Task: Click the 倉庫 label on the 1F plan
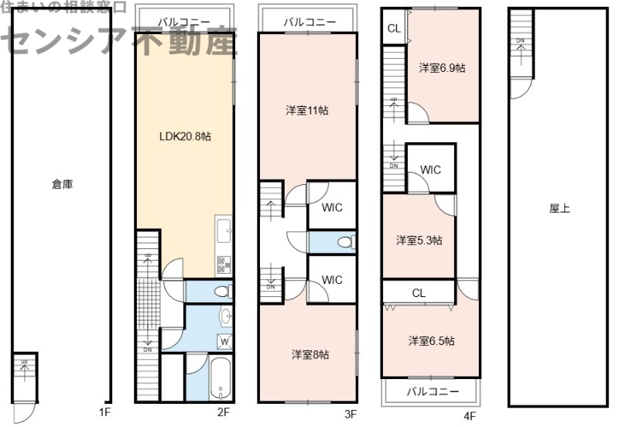pyautogui.click(x=63, y=184)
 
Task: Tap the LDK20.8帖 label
pyautogui.click(x=186, y=136)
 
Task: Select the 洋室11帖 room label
pyautogui.click(x=307, y=111)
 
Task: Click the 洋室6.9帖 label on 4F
pyautogui.click(x=442, y=68)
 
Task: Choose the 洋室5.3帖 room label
pyautogui.click(x=419, y=240)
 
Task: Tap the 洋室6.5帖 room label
pyautogui.click(x=431, y=340)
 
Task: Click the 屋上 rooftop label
pyautogui.click(x=559, y=208)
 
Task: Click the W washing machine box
pyautogui.click(x=224, y=341)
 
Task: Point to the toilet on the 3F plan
pyautogui.click(x=344, y=242)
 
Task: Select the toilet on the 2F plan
pyautogui.click(x=221, y=292)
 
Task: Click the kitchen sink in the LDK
pyautogui.click(x=224, y=230)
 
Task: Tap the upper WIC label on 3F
pyautogui.click(x=332, y=207)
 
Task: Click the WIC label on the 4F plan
pyautogui.click(x=430, y=169)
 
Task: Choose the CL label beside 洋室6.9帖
pyautogui.click(x=393, y=29)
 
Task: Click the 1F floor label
pyautogui.click(x=104, y=413)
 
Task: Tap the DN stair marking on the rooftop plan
pyautogui.click(x=521, y=40)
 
